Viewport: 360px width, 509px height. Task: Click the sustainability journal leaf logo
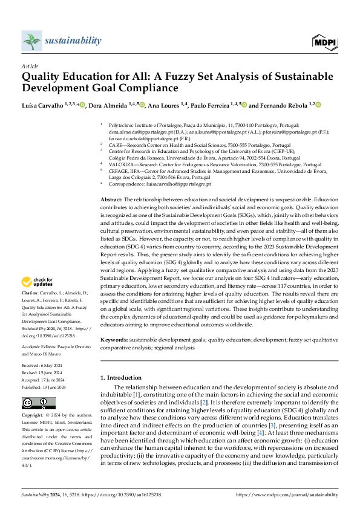click(31, 41)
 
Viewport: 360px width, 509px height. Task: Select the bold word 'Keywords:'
click(113, 341)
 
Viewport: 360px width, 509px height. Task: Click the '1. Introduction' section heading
click(123, 378)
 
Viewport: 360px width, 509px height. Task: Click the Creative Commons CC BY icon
click(30, 403)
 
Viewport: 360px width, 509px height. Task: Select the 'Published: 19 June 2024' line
click(44, 387)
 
